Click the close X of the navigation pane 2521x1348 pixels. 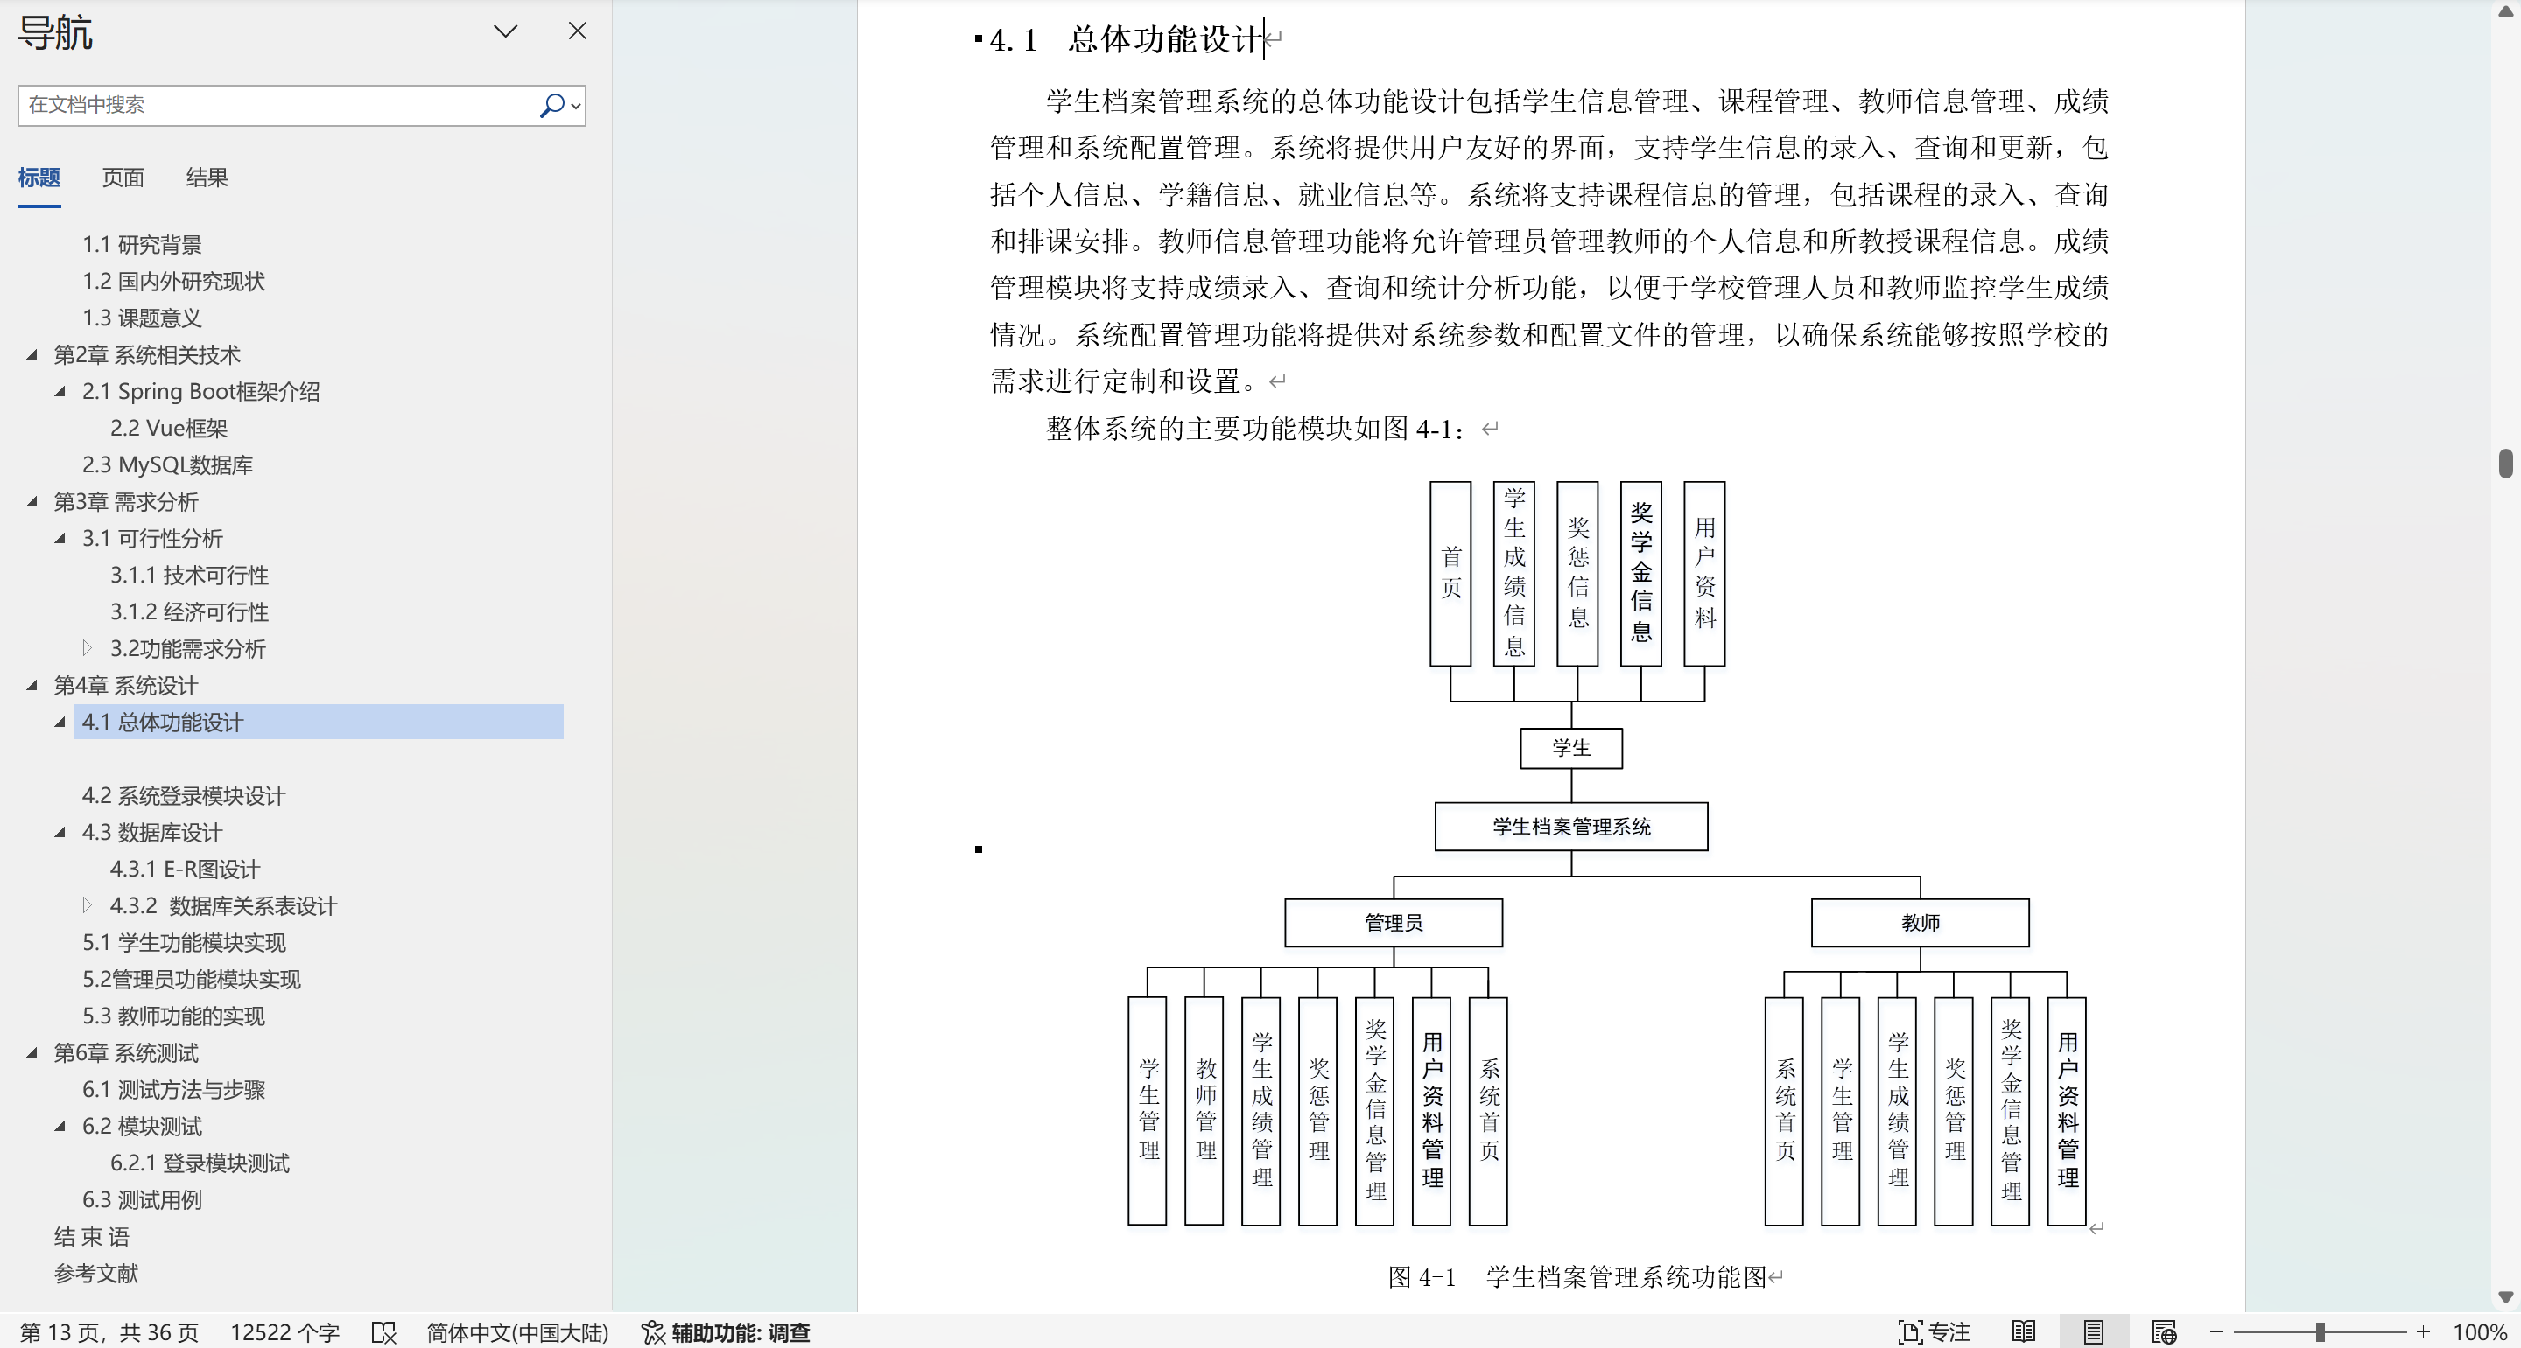(578, 31)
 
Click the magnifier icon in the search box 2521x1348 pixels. (553, 105)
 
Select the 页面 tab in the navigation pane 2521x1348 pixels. (123, 177)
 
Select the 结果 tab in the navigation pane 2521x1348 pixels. (207, 177)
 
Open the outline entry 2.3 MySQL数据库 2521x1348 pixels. (167, 464)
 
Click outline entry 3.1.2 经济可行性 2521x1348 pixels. (190, 611)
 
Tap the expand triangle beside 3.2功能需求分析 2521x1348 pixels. (88, 647)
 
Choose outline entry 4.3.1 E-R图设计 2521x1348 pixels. (185, 869)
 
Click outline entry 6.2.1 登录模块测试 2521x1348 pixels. (200, 1163)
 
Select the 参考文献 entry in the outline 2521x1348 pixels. (96, 1273)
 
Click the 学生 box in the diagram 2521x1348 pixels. (1570, 748)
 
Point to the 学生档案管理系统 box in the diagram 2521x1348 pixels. (1570, 827)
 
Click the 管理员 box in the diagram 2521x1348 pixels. (1394, 923)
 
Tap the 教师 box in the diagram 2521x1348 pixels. (1921, 923)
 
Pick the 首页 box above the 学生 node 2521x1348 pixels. (1450, 573)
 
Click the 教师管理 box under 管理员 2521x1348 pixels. (1204, 1110)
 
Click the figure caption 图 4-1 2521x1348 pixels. (1422, 1276)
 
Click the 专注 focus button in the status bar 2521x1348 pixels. (1934, 1331)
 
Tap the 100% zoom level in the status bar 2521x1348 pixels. (2479, 1331)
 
